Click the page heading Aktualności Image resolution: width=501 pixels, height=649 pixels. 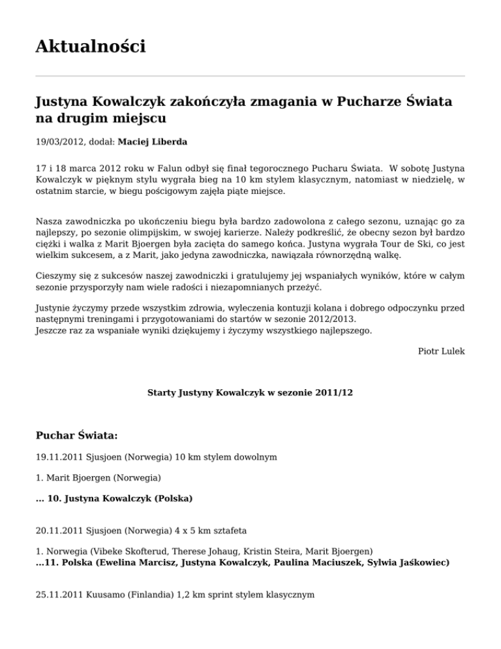click(x=90, y=47)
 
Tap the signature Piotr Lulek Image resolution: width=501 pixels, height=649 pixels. click(x=441, y=351)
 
